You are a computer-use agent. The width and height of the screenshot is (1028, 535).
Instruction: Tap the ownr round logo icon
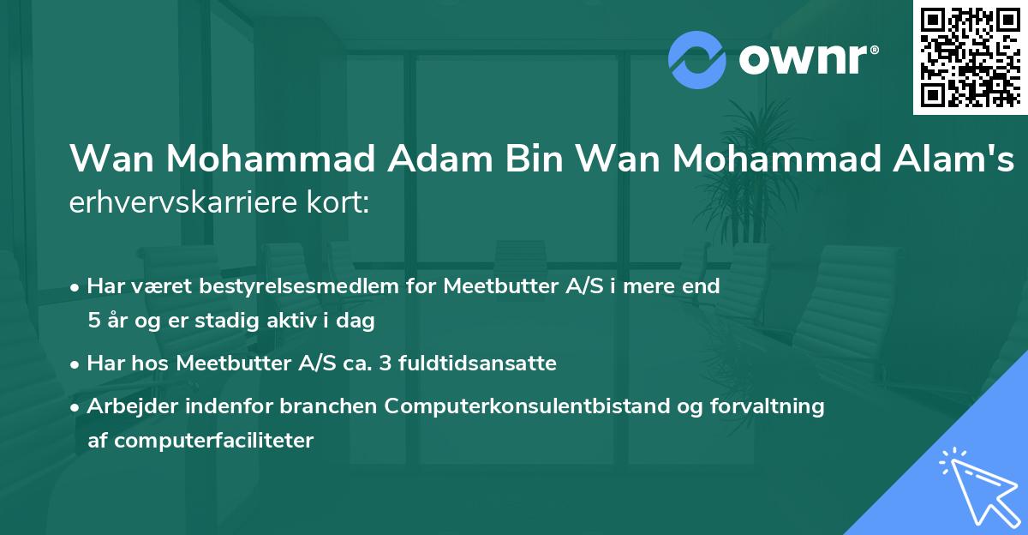click(696, 60)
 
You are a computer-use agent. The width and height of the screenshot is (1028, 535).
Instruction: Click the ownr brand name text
click(807, 61)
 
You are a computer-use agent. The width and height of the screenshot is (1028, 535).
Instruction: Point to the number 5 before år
click(93, 322)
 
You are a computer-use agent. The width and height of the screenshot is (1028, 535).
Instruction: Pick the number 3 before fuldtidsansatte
click(385, 364)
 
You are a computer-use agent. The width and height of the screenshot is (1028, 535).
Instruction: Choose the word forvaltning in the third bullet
click(774, 406)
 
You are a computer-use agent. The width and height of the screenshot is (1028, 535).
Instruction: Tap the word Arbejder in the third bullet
click(125, 406)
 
